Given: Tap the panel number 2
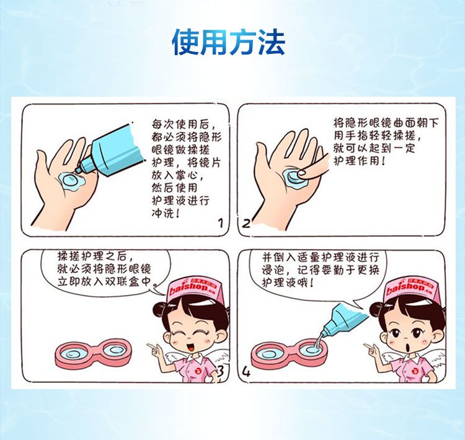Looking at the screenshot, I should click(x=246, y=223).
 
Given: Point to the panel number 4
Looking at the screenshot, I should click(x=246, y=372).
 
